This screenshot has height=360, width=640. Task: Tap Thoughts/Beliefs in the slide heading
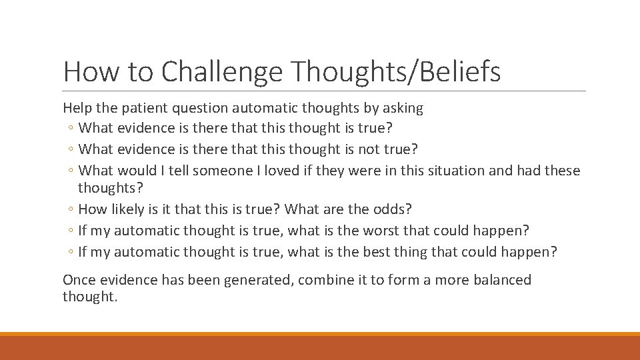point(396,72)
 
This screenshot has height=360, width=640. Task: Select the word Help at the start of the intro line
point(76,107)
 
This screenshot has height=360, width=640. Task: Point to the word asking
point(403,107)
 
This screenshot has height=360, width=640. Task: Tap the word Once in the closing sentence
point(78,280)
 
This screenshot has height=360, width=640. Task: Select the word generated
point(257,280)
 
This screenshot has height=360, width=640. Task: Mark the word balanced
point(502,280)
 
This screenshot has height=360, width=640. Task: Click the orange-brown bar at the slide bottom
point(320,347)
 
